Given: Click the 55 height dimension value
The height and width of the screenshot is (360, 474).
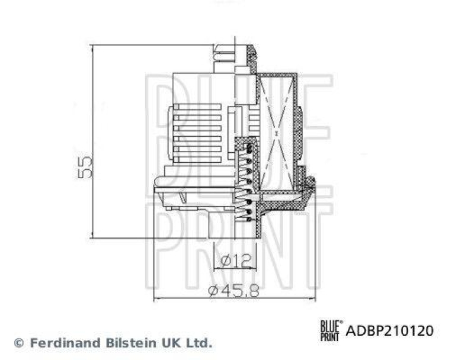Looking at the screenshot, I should [x=86, y=168].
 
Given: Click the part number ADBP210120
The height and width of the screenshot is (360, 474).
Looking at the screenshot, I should [x=389, y=330].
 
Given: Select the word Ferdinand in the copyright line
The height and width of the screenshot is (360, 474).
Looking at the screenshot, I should [x=62, y=342].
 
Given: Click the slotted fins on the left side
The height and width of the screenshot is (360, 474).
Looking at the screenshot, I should [x=196, y=133].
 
